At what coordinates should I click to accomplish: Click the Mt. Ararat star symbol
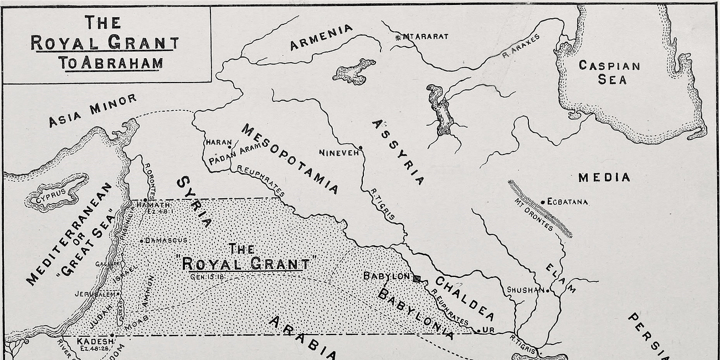(x=398, y=37)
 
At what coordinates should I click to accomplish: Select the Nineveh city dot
(x=361, y=148)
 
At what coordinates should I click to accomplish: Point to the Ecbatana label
(x=567, y=202)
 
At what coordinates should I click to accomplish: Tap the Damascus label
(x=166, y=240)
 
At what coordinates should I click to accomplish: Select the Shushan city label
(x=525, y=290)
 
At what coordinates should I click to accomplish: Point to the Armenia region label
(x=321, y=38)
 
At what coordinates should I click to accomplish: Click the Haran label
(x=218, y=142)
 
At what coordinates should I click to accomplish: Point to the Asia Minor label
(x=92, y=111)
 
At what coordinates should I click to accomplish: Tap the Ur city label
(x=488, y=330)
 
